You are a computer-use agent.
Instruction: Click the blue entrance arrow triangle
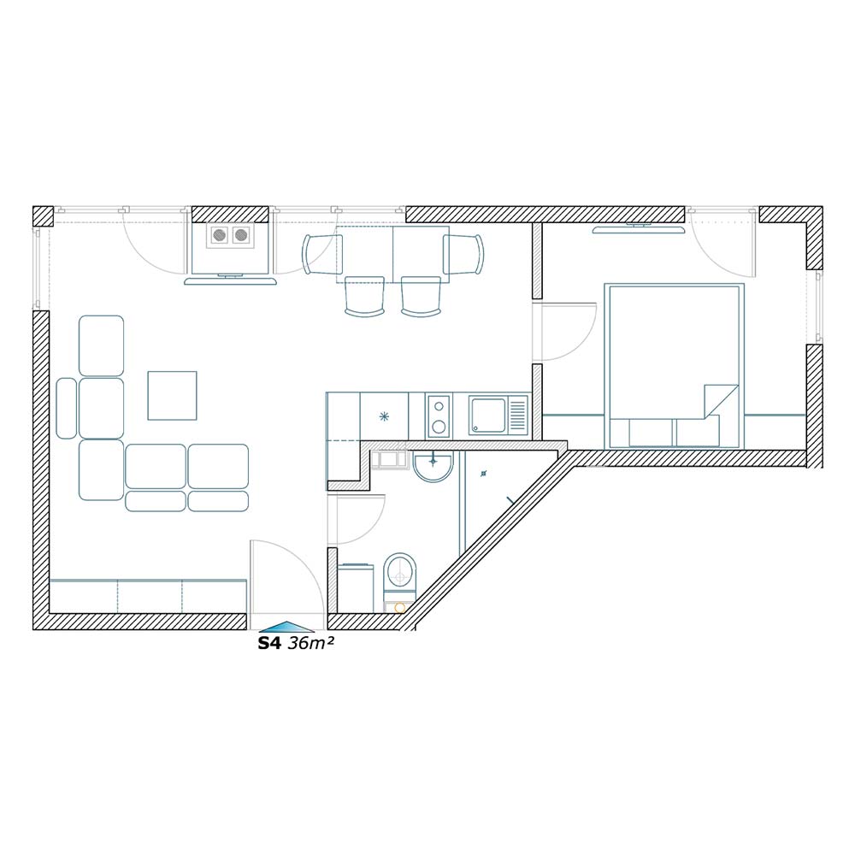[x=286, y=627]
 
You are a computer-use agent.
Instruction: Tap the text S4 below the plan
[x=268, y=644]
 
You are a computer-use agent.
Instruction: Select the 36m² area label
[x=310, y=643]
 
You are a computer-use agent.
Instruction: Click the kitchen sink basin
[x=487, y=416]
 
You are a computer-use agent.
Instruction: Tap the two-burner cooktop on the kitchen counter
[x=439, y=416]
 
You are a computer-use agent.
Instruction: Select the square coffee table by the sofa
[x=173, y=395]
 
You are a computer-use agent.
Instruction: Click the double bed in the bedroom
[x=674, y=365]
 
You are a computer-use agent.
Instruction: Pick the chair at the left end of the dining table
[x=321, y=254]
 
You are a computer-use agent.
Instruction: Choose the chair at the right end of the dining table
[x=463, y=254]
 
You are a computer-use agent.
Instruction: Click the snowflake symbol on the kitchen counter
[x=385, y=417]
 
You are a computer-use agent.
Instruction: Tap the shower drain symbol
[x=483, y=474]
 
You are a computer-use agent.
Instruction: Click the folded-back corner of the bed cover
[x=720, y=402]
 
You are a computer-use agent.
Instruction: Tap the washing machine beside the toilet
[x=356, y=588]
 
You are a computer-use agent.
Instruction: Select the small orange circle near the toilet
[x=399, y=607]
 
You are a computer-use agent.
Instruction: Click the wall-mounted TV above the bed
[x=638, y=228]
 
